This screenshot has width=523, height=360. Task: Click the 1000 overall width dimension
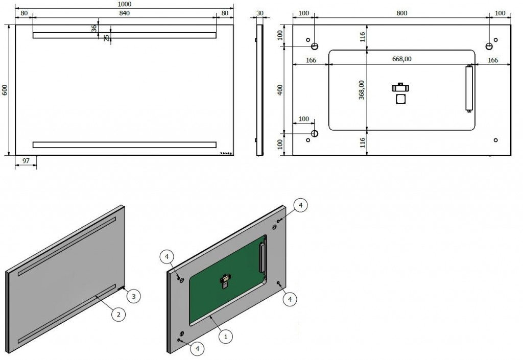pos(125,4)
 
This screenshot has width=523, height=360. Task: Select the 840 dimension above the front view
pos(124,13)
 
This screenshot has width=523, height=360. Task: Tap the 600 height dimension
pos(5,90)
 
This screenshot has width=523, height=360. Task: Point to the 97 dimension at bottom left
pos(26,161)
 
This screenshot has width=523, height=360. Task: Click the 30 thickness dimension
pos(260,13)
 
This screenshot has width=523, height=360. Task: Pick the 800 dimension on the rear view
pos(402,13)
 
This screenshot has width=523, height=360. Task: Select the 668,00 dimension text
pos(402,59)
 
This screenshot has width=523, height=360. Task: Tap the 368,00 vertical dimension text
pos(362,90)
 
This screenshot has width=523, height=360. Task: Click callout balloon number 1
pos(226,337)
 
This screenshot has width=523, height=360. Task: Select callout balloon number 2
pos(118,314)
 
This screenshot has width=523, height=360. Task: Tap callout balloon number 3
pos(133,296)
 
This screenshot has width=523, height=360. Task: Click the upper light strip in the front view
pos(125,35)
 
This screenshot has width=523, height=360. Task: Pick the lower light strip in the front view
pos(125,145)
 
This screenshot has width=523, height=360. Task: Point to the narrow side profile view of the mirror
pos(259,90)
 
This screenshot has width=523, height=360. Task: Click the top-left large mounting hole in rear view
pos(315,46)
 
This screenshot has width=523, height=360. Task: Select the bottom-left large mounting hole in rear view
pos(315,134)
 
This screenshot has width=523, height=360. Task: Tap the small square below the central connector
pos(401,99)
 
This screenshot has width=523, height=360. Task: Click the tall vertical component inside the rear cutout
pos(470,88)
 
